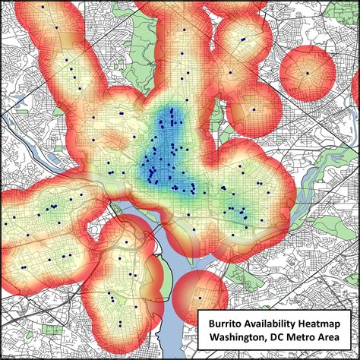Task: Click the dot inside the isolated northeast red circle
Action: point(307,73)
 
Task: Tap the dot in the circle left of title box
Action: point(200,296)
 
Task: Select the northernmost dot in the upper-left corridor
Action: point(43,7)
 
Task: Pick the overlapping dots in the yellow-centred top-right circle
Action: point(242,39)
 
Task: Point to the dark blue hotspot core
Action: point(164,144)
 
